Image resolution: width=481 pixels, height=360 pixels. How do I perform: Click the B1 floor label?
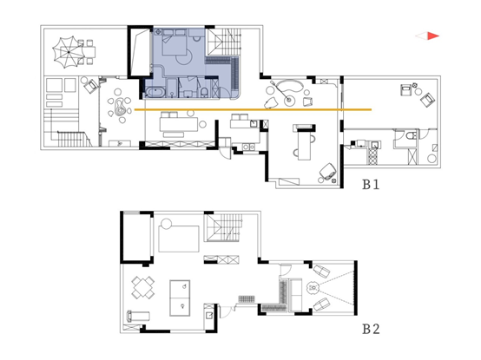pos(371,185)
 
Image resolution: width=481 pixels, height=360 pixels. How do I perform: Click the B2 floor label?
pos(372,329)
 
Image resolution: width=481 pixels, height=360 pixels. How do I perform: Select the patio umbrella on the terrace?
pos(69,52)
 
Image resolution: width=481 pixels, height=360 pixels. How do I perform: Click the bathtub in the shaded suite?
pos(155,93)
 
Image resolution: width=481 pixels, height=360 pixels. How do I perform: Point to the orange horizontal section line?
pos(253,109)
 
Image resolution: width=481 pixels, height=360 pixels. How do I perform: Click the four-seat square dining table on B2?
pos(143,288)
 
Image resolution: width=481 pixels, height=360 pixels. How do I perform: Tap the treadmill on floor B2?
pos(138,316)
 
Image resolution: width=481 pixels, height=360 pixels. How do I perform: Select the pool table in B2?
pos(180,298)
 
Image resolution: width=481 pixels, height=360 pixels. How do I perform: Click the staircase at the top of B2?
pos(224,227)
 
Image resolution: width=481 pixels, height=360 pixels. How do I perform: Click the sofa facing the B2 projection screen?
pos(296,295)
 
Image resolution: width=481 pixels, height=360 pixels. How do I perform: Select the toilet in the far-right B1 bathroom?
pos(411,135)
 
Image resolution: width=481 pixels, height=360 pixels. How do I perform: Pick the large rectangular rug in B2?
pos(179,239)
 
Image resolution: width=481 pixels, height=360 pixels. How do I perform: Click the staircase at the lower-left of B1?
pos(70,139)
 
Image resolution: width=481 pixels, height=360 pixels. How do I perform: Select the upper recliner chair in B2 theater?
pos(321,271)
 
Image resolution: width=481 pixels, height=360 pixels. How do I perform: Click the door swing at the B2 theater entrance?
pos(286,270)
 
